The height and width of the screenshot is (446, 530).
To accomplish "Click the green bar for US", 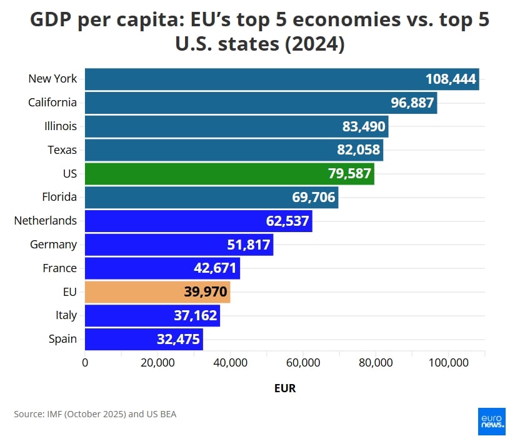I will (229, 173).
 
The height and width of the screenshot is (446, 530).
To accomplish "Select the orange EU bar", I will (157, 291).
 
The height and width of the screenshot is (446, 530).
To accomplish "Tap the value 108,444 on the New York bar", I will (451, 79).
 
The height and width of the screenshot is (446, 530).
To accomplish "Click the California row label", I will (52, 103).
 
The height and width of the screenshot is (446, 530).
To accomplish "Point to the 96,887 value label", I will (408, 103).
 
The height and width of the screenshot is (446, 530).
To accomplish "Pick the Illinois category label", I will (61, 126).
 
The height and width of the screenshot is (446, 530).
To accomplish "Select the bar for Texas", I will (234, 150).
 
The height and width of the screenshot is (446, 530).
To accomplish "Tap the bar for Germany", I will (179, 245).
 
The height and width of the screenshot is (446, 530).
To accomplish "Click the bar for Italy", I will (152, 315).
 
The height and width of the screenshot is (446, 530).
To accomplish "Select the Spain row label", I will (62, 339).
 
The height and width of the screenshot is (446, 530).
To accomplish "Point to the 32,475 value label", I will (178, 339).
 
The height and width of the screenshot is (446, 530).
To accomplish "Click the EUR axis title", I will (284, 388).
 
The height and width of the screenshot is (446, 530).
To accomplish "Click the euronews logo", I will (492, 422).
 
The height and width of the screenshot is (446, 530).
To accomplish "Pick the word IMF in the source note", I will (54, 414).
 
